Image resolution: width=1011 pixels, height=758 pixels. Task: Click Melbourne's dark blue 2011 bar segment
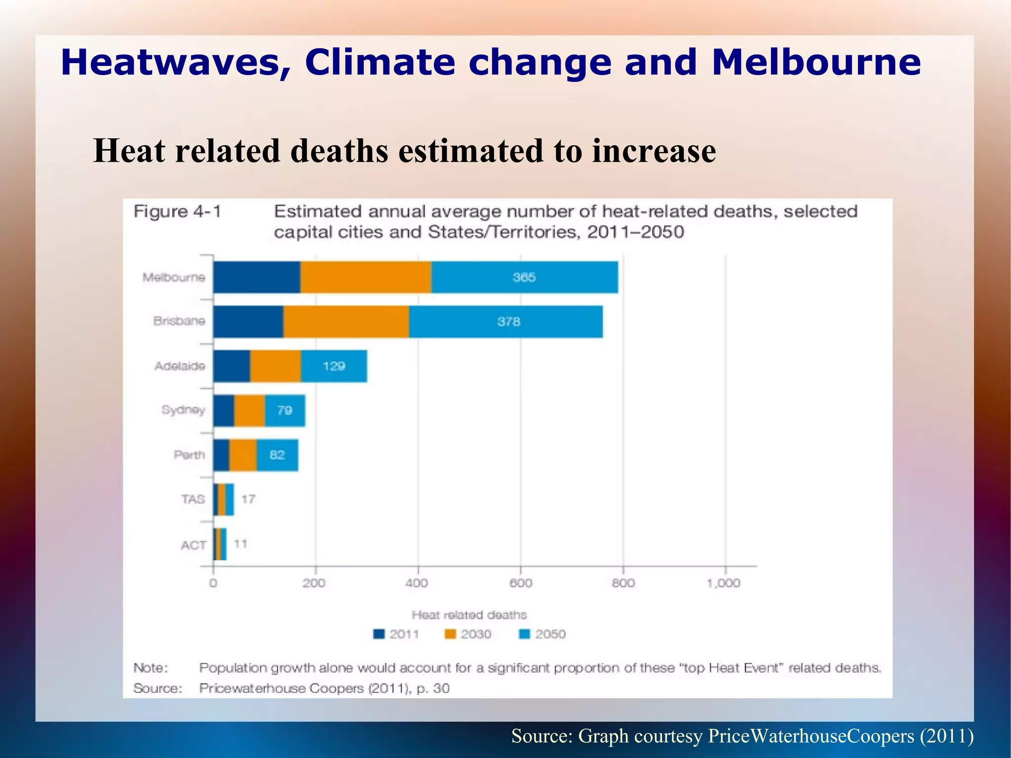257,277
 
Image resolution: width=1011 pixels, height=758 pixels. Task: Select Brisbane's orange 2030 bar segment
346,321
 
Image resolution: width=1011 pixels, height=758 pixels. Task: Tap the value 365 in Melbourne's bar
524,277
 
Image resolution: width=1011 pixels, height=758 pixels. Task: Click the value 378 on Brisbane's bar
508,321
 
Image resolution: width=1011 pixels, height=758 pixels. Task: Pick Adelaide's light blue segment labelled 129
334,366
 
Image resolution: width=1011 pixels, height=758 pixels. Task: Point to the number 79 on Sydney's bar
284,410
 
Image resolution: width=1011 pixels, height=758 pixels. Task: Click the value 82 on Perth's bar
277,455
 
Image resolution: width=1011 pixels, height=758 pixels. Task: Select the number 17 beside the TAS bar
248,499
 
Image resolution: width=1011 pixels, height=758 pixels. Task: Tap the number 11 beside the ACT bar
240,544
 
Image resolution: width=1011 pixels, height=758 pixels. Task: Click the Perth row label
189,455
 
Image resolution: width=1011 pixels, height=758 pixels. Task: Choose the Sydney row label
183,410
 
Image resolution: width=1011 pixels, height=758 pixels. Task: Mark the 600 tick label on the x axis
521,583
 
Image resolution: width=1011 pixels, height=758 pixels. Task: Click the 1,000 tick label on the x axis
723,583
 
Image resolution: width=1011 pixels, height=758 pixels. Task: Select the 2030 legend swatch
450,634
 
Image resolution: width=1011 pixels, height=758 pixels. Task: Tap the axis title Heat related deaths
469,615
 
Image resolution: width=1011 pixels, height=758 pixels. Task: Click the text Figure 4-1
177,211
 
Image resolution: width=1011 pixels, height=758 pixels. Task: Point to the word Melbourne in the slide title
816,63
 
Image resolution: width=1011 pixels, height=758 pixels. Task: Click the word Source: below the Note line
157,688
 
